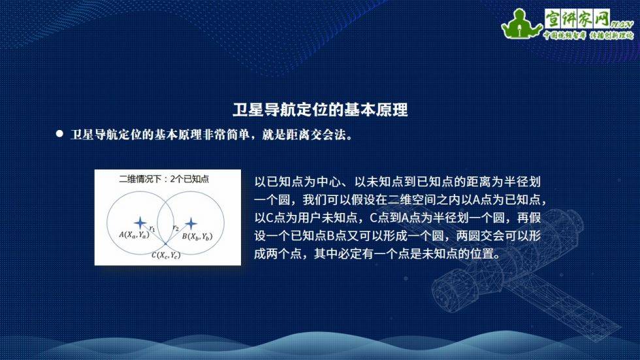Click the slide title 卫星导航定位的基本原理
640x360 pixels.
pyautogui.click(x=320, y=110)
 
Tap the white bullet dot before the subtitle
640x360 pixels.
pyautogui.click(x=59, y=133)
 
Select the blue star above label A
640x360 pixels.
pyautogui.click(x=140, y=223)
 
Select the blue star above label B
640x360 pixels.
pyautogui.click(x=191, y=223)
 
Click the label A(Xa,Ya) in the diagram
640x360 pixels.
pyautogui.click(x=134, y=235)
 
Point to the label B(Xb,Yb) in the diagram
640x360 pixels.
pyautogui.click(x=197, y=237)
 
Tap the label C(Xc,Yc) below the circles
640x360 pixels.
pyautogui.click(x=166, y=255)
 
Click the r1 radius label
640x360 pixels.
pyautogui.click(x=152, y=229)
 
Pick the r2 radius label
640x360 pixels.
pyautogui.click(x=176, y=228)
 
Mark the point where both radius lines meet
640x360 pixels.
pyautogui.click(x=165, y=244)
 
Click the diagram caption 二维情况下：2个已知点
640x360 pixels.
pyautogui.click(x=164, y=179)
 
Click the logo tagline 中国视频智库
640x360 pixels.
pyautogui.click(x=564, y=35)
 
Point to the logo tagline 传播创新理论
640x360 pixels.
pyautogui.click(x=611, y=35)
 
